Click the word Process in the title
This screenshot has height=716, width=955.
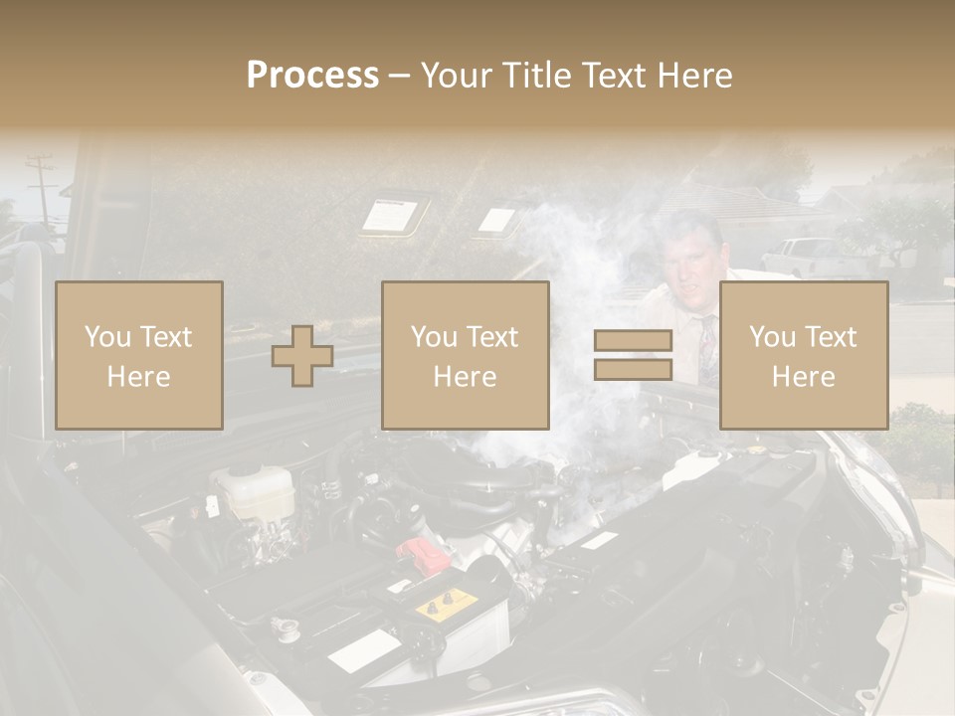tap(312, 76)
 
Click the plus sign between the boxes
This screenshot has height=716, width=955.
tap(302, 356)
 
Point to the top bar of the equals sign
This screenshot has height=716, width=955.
tap(633, 341)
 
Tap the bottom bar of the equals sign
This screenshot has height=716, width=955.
tap(633, 369)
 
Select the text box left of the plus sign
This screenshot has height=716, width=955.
tap(138, 356)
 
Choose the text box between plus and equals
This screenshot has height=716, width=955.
tap(465, 356)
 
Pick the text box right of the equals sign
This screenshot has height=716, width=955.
tap(803, 356)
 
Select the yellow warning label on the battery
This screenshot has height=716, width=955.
tap(445, 602)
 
